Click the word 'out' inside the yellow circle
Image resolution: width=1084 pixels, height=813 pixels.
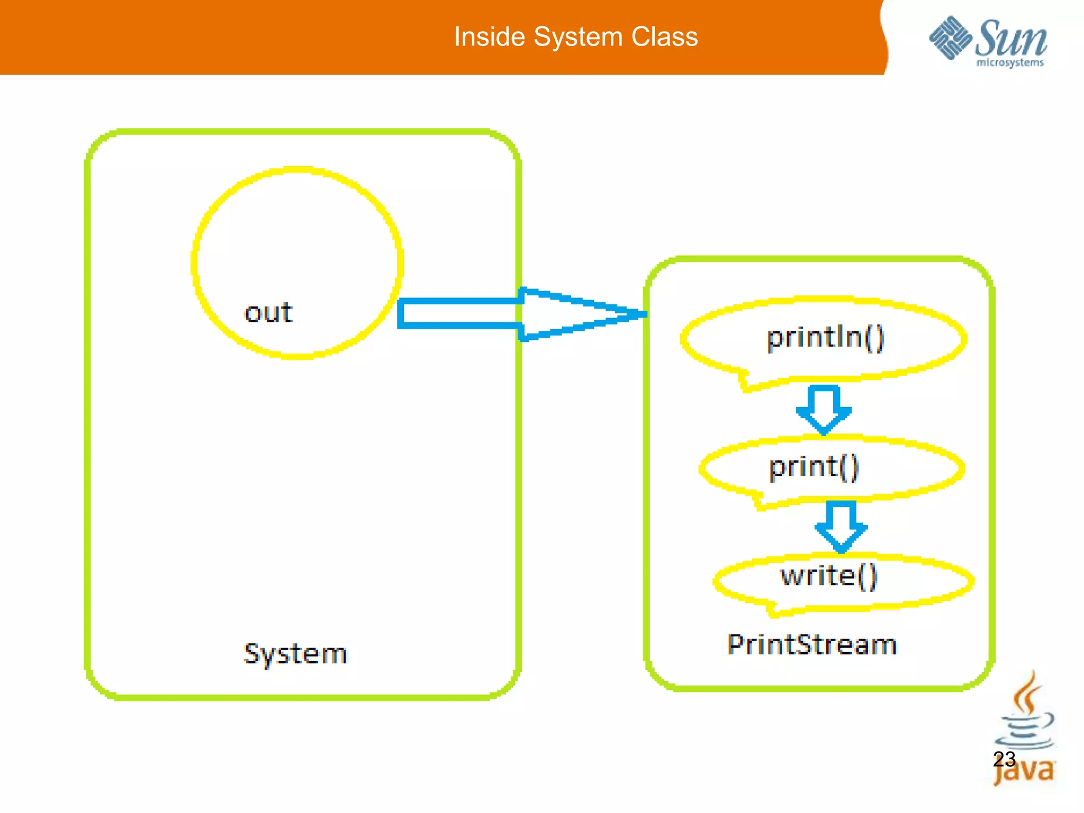point(268,313)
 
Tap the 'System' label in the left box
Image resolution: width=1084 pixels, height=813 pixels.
point(295,654)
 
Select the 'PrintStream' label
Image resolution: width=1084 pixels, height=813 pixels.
point(812,645)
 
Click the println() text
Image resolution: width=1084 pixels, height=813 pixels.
point(825,338)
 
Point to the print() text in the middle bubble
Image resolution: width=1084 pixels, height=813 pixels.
point(814,467)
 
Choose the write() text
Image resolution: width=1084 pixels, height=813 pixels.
point(829,576)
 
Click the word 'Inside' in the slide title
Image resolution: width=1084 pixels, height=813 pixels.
point(490,37)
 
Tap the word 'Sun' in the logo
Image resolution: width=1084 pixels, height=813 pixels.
point(1011,38)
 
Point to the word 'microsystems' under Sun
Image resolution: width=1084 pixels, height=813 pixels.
point(1010,63)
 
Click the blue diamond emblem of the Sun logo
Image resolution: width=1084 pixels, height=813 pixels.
point(951,38)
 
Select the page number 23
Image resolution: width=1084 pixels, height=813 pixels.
point(1004,759)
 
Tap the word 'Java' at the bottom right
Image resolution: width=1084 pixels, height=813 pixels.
point(1024,772)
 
